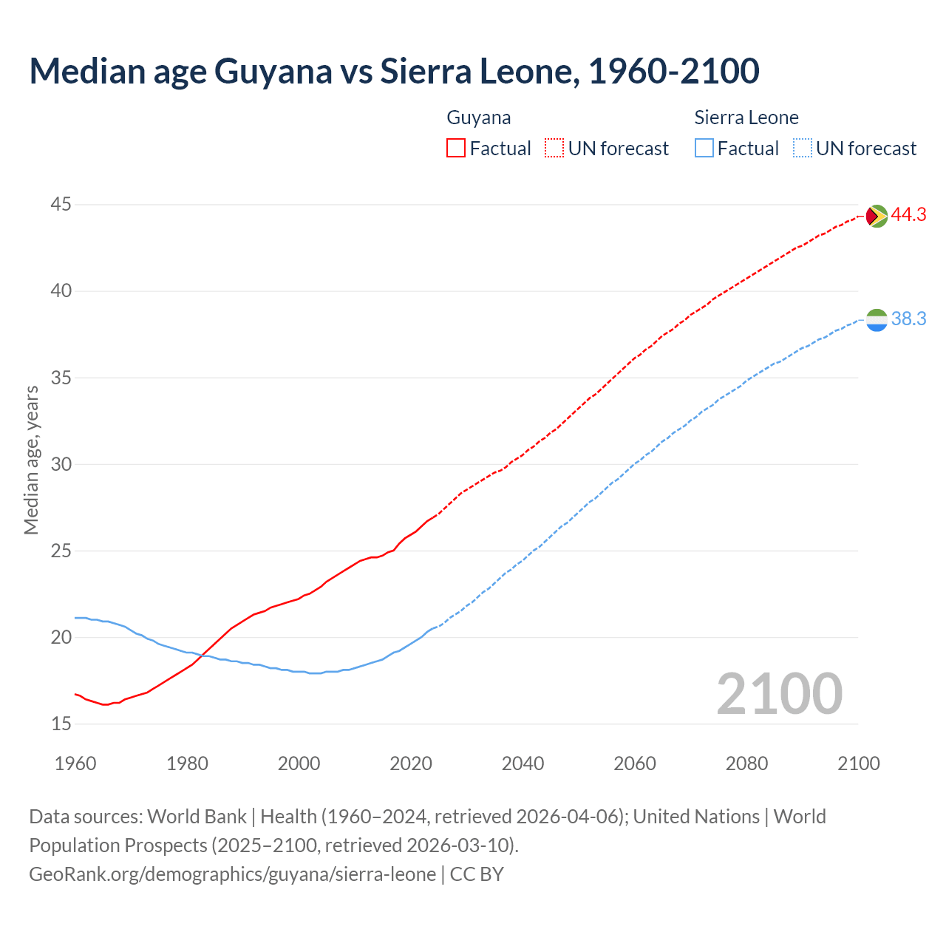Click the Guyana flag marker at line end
[x=877, y=216]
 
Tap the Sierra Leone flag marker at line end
[x=877, y=320]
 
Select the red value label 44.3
[x=908, y=215]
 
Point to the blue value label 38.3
[x=908, y=319]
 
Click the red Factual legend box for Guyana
[x=456, y=149]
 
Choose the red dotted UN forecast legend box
[x=554, y=149]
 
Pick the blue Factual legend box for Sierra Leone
[x=704, y=149]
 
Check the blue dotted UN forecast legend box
[x=802, y=149]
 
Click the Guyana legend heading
[x=479, y=118]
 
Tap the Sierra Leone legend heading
[x=746, y=118]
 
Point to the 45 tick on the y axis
[x=61, y=204]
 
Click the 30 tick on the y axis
[x=61, y=464]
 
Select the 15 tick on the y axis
[x=61, y=724]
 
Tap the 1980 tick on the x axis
[x=187, y=763]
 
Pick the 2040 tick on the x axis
[x=523, y=763]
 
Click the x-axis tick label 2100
[x=858, y=763]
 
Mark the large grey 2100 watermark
[x=779, y=694]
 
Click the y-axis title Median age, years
[x=31, y=460]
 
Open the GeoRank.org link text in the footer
[x=232, y=874]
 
